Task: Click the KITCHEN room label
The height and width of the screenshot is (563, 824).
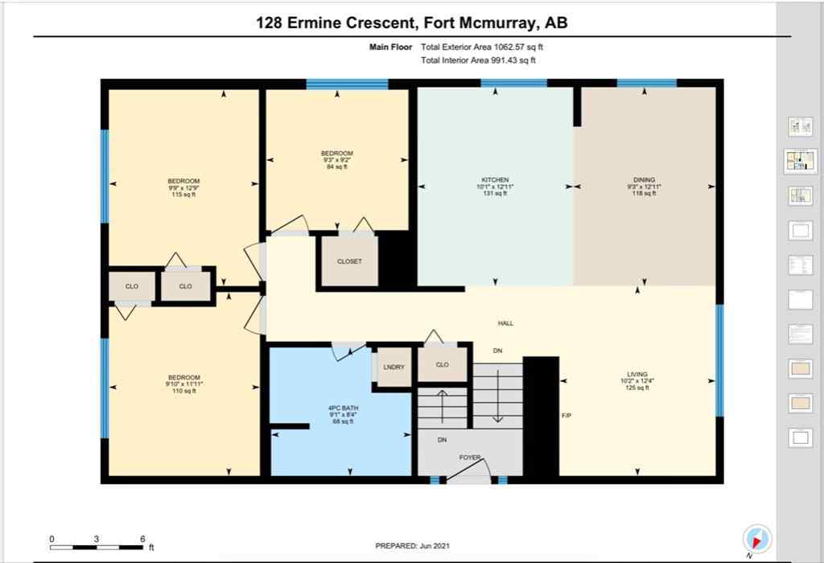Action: (x=495, y=180)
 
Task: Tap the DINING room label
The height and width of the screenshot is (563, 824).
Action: (x=644, y=180)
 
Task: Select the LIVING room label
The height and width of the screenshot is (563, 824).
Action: (x=637, y=375)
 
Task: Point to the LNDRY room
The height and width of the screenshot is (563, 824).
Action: (x=394, y=367)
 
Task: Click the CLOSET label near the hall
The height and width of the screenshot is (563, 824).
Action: (x=349, y=261)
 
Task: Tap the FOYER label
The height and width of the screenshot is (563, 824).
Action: (x=470, y=458)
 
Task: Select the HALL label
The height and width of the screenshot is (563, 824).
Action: (x=505, y=323)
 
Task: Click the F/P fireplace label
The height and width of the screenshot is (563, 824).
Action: (x=566, y=416)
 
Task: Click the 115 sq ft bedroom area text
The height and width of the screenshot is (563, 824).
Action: (x=183, y=195)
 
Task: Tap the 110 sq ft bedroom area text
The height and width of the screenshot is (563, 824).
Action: (x=183, y=392)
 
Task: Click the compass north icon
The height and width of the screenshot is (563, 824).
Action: (x=757, y=538)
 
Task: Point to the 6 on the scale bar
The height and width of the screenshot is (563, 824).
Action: (x=142, y=539)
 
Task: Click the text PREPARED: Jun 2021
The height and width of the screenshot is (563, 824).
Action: (x=411, y=545)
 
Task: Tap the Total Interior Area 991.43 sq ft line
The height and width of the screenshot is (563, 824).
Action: (x=478, y=60)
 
